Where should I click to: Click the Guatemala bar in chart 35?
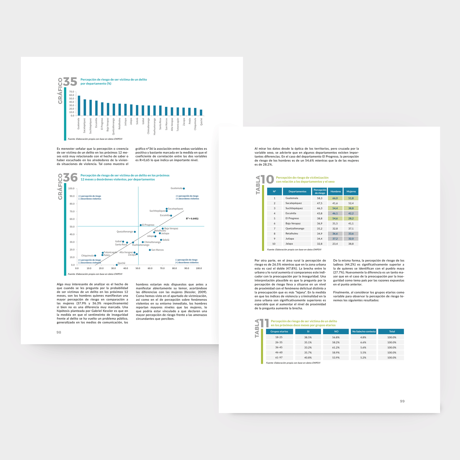[79, 106]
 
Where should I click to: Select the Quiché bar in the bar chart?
[201, 113]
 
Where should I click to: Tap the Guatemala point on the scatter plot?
[184, 188]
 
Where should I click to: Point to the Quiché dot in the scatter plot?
[117, 265]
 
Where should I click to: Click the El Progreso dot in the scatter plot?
[141, 225]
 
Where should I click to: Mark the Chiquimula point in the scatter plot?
[95, 256]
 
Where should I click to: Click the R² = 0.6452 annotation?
[192, 219]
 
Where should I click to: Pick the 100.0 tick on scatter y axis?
[71, 188]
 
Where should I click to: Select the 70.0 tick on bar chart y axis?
[72, 92]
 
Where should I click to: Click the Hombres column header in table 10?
[336, 192]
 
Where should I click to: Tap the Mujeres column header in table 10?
[351, 192]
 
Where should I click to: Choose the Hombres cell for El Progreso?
[335, 219]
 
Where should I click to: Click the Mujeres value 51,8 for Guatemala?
[351, 198]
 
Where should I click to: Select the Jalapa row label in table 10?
[289, 244]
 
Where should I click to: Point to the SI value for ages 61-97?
[308, 358]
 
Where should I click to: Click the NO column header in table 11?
[336, 331]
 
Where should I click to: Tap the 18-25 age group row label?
[279, 337]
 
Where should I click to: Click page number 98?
[59, 332]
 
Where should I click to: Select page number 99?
[402, 401]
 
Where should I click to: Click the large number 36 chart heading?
[70, 178]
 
